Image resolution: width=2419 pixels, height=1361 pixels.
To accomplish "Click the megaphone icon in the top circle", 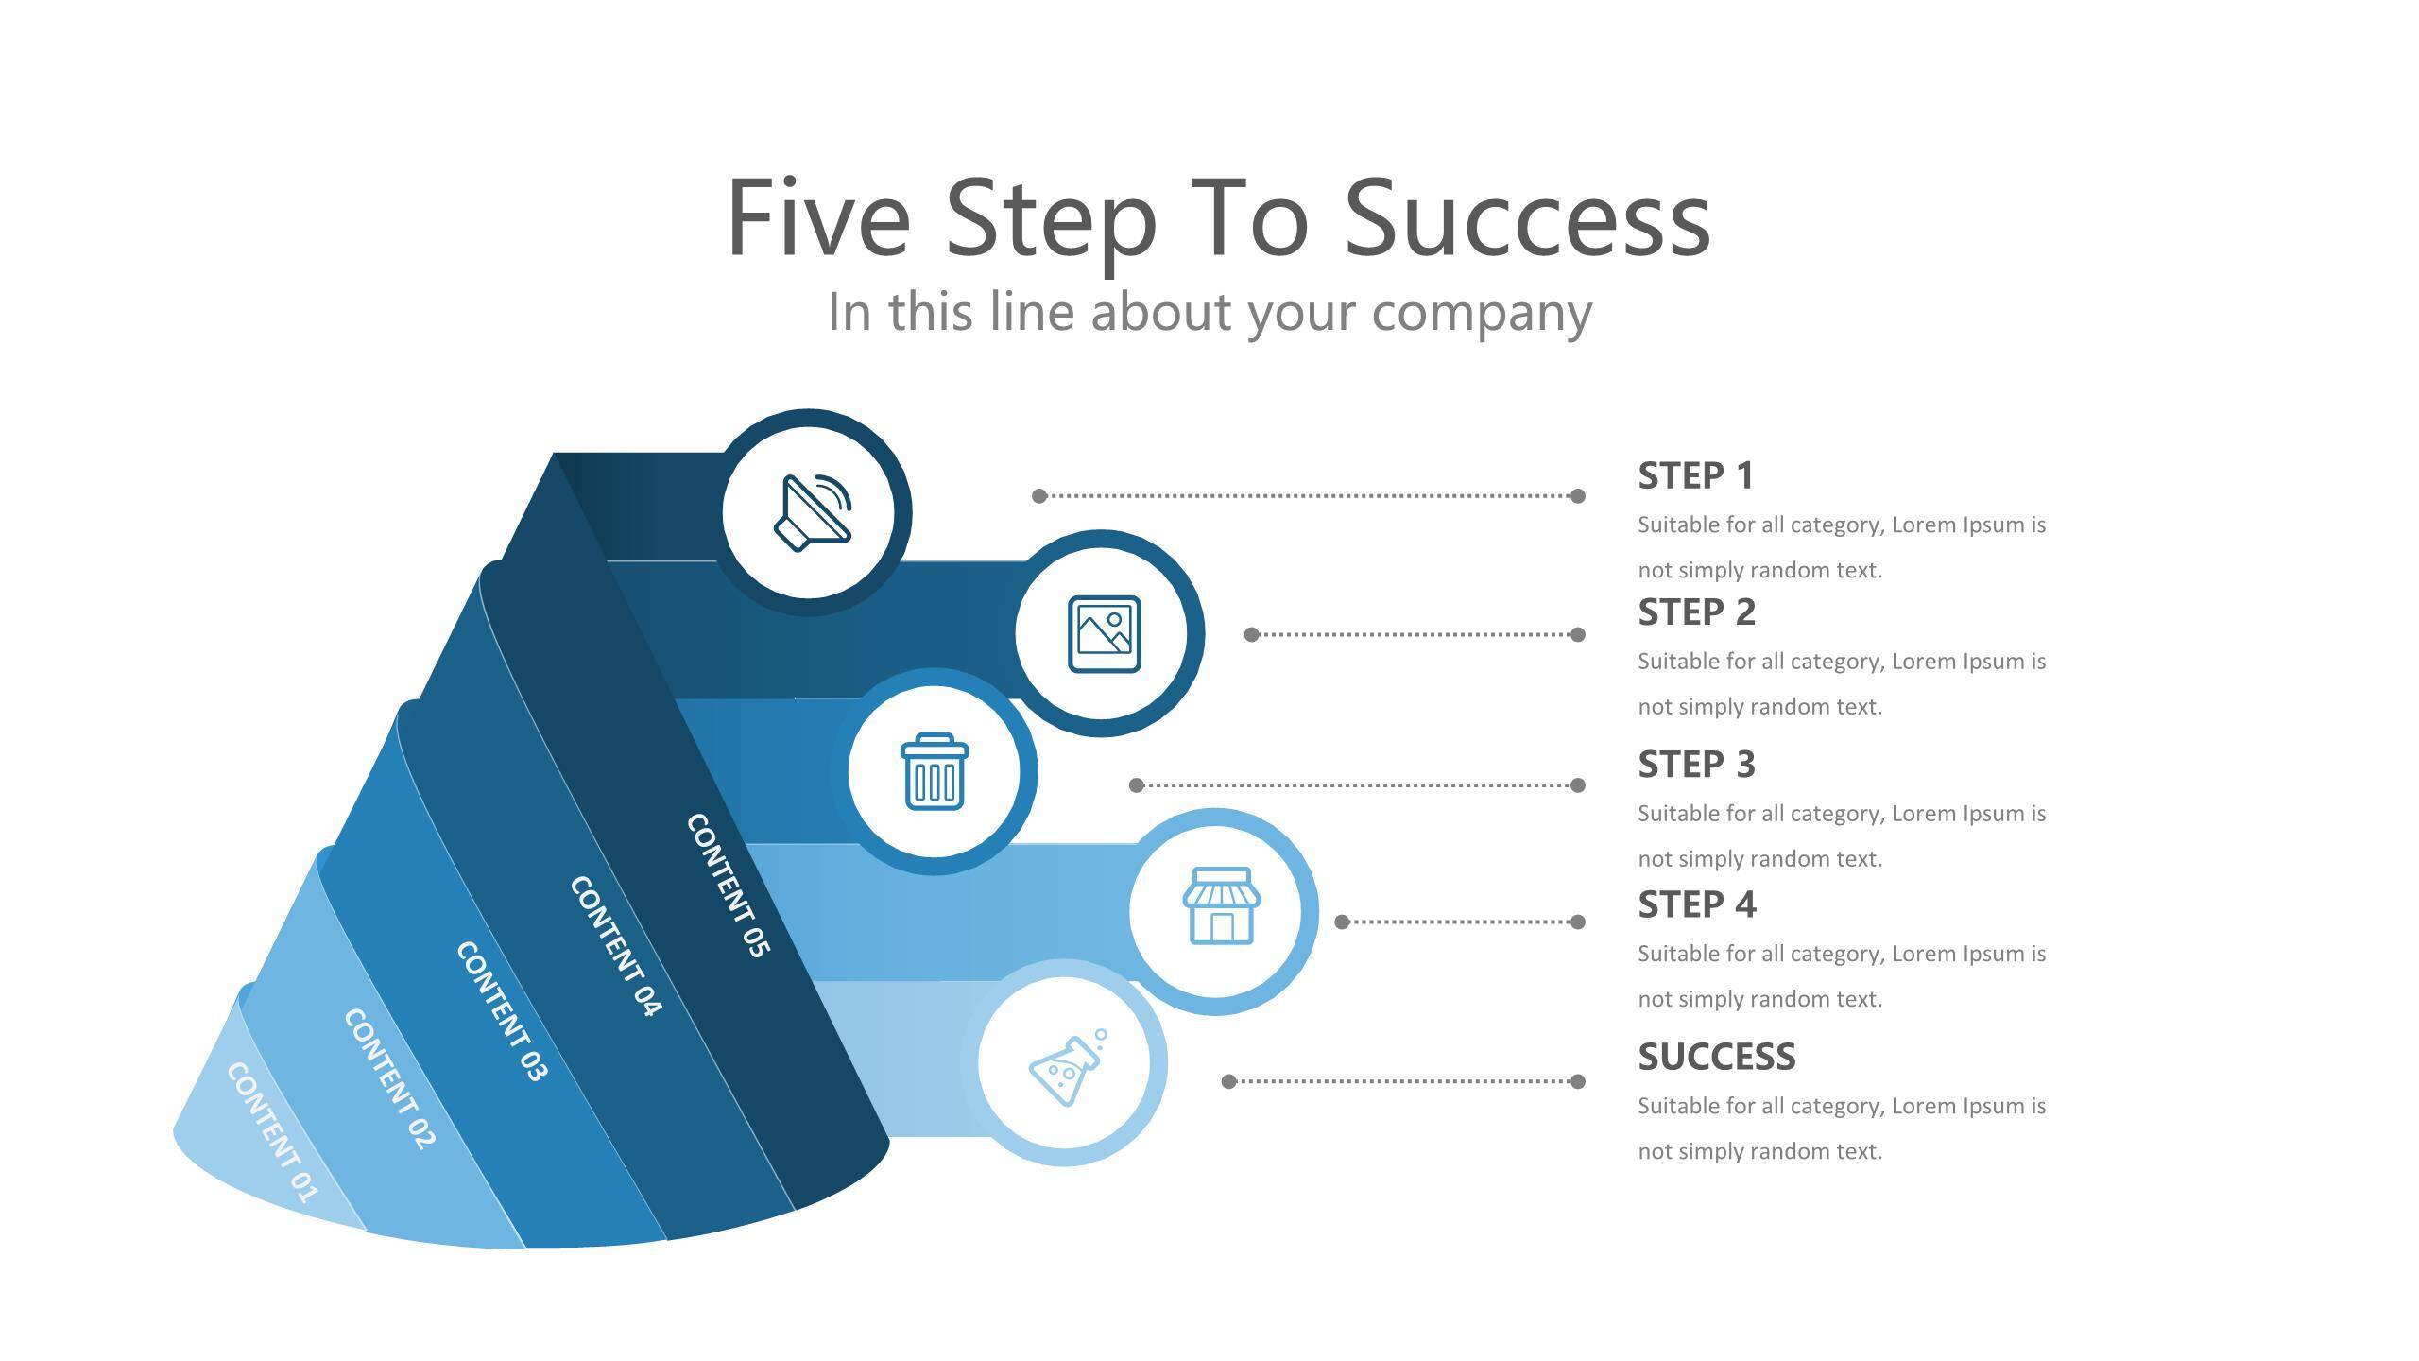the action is point(813,511).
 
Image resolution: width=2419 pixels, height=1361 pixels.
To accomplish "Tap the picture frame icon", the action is point(1104,634).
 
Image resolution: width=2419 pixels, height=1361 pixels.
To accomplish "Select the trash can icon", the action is point(935,771).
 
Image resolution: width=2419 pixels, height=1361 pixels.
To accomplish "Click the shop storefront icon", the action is point(1221,905).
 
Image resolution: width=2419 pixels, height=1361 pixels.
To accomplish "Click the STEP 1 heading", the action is point(1695,475).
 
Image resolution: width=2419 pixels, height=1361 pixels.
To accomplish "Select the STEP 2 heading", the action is point(1696,612).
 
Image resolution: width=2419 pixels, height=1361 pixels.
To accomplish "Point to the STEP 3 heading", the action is point(1696,765).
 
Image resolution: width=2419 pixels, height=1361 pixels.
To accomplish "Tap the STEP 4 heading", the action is point(1696,904).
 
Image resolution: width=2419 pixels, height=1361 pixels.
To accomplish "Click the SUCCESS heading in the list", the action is point(1716,1057).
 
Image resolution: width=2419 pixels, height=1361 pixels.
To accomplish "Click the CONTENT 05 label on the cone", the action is point(728,885).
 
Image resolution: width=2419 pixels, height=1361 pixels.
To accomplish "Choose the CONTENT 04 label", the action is point(615,946).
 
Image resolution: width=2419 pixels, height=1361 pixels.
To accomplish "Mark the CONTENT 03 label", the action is point(502,1010).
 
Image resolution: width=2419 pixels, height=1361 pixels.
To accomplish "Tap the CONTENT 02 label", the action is point(389,1078).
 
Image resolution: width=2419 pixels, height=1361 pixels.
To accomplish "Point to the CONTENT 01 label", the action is point(272,1132).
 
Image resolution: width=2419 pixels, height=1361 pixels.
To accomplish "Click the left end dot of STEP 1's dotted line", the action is point(1039,495).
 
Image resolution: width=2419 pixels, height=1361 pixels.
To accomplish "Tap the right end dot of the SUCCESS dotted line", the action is point(1577,1081).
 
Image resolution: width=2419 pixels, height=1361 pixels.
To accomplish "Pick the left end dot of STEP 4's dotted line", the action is point(1342,922).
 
